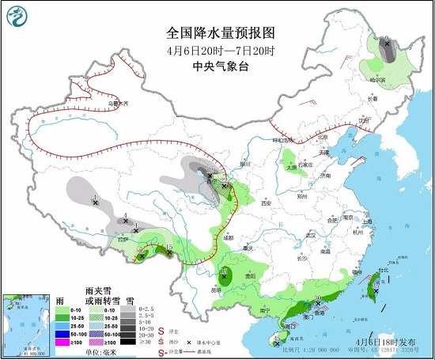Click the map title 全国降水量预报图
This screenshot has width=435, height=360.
pyautogui.click(x=220, y=33)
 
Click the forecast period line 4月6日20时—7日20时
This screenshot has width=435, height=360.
pyautogui.click(x=220, y=51)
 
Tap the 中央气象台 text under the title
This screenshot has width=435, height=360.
pyautogui.click(x=220, y=66)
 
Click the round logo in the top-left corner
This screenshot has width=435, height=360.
pyautogui.click(x=16, y=13)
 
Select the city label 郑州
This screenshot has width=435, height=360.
pyautogui.click(x=298, y=194)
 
